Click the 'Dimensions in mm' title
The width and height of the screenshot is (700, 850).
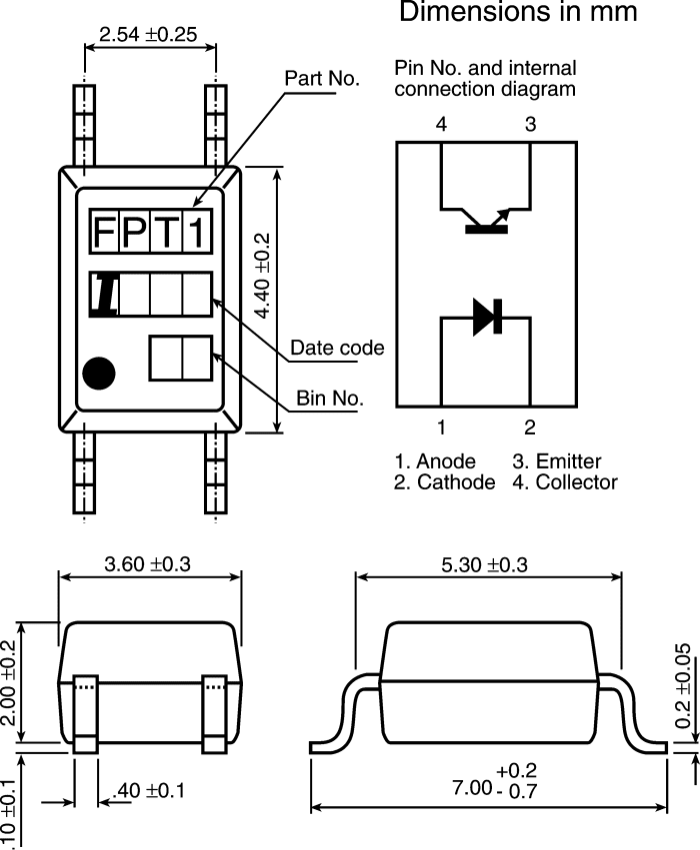point(517,13)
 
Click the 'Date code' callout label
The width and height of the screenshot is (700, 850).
point(337,348)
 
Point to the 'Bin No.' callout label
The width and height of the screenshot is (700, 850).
point(329,399)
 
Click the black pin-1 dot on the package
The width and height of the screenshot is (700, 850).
point(99,374)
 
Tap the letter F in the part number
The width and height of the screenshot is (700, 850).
point(105,233)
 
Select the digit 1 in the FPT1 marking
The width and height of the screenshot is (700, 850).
point(198,233)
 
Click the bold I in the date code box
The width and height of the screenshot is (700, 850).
point(105,295)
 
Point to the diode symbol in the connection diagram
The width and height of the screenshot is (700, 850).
point(487,317)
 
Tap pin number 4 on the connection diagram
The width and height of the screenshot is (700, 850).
point(441,125)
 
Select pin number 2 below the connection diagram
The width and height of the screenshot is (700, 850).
point(530,428)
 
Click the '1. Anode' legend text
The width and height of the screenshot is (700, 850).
point(435,461)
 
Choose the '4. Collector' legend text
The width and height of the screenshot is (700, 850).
point(565,482)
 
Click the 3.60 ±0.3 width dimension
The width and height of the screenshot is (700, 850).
point(148,563)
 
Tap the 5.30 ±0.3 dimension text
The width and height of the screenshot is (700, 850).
point(485,564)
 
